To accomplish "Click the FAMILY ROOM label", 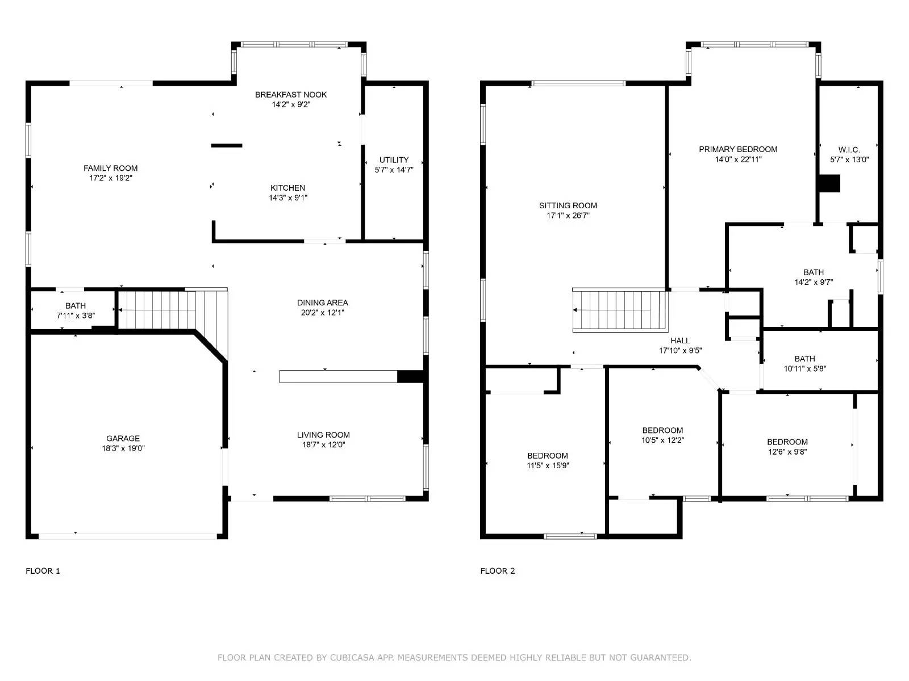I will click(110, 168).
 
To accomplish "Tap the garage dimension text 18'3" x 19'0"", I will click(123, 448).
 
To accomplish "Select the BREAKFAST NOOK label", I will click(291, 95).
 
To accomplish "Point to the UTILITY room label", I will click(394, 160).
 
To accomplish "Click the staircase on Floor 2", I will click(618, 310).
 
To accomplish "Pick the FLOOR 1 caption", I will click(43, 571).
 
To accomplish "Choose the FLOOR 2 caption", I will click(498, 571).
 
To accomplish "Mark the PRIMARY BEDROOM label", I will click(738, 149).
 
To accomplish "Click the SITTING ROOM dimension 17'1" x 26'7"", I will click(568, 216).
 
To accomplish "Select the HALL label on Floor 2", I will click(680, 340).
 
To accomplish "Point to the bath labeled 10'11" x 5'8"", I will click(804, 363).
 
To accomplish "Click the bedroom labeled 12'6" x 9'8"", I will click(787, 447).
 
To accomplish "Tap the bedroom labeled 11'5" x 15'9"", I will click(547, 460).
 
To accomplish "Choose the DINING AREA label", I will click(322, 302).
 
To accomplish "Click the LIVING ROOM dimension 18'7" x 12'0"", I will click(323, 445).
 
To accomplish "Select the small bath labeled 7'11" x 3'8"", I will click(75, 310).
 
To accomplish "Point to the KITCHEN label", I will click(287, 188).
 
